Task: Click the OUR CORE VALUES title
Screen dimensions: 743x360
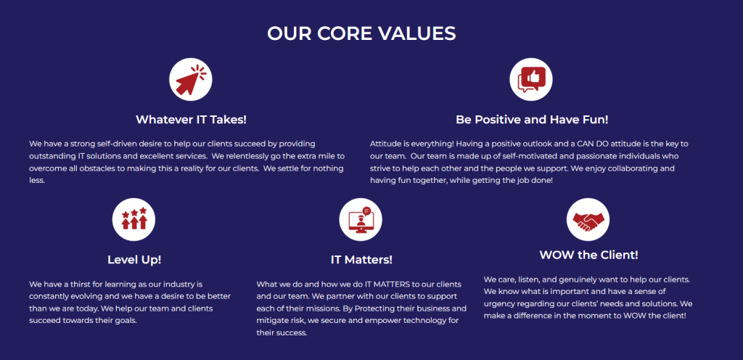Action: pyautogui.click(x=361, y=33)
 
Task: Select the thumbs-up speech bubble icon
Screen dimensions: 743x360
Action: pyautogui.click(x=530, y=80)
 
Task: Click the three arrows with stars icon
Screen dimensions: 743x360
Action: pyautogui.click(x=134, y=218)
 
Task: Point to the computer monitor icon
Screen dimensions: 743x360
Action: pyautogui.click(x=361, y=219)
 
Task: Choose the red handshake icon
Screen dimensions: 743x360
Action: pyautogui.click(x=588, y=221)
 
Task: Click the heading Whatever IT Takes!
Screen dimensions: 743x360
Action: pyautogui.click(x=191, y=119)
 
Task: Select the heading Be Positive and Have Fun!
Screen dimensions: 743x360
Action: pyautogui.click(x=532, y=119)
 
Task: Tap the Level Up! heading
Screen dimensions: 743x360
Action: pyautogui.click(x=134, y=260)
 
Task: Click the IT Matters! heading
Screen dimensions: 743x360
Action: pyautogui.click(x=361, y=260)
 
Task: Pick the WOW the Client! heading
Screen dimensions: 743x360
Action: pyautogui.click(x=588, y=255)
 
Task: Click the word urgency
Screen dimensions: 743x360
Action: pyautogui.click(x=498, y=303)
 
